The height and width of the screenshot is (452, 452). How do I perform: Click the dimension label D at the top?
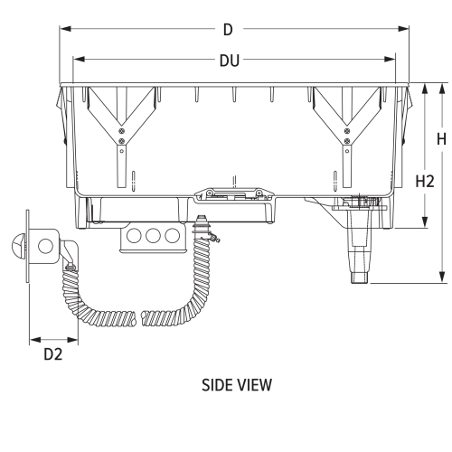228,30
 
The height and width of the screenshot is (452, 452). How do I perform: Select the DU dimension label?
228,61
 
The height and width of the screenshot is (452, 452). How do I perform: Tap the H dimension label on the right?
440,139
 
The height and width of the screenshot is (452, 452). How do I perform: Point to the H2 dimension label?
425,181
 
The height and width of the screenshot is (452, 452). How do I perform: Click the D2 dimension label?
53,354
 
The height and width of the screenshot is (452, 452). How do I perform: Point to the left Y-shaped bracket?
120,127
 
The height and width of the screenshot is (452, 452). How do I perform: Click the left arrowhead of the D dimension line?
63,30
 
